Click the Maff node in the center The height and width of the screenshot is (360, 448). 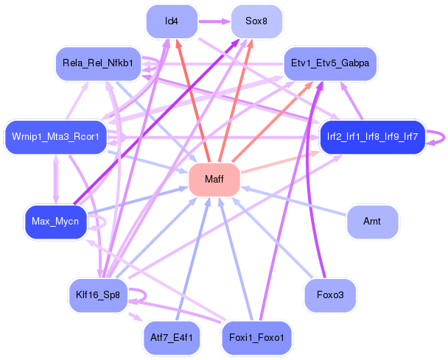pyautogui.click(x=214, y=180)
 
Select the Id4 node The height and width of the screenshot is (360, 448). pyautogui.click(x=172, y=21)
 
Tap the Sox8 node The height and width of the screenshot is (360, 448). pyautogui.click(x=256, y=21)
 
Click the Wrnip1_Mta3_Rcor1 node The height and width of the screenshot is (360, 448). pyautogui.click(x=56, y=137)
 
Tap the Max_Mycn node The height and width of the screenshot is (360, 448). pyautogui.click(x=56, y=221)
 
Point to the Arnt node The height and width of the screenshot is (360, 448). pyautogui.click(x=372, y=221)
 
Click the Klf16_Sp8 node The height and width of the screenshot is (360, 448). pyautogui.click(x=97, y=295)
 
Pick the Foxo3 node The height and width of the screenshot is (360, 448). pyautogui.click(x=330, y=295)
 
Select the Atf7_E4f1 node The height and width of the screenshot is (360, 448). pyautogui.click(x=172, y=338)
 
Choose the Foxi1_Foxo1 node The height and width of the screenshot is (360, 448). pyautogui.click(x=256, y=338)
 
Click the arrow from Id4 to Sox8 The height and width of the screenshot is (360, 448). pyautogui.click(x=214, y=21)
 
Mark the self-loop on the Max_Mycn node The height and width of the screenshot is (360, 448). pyautogui.click(x=102, y=220)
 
